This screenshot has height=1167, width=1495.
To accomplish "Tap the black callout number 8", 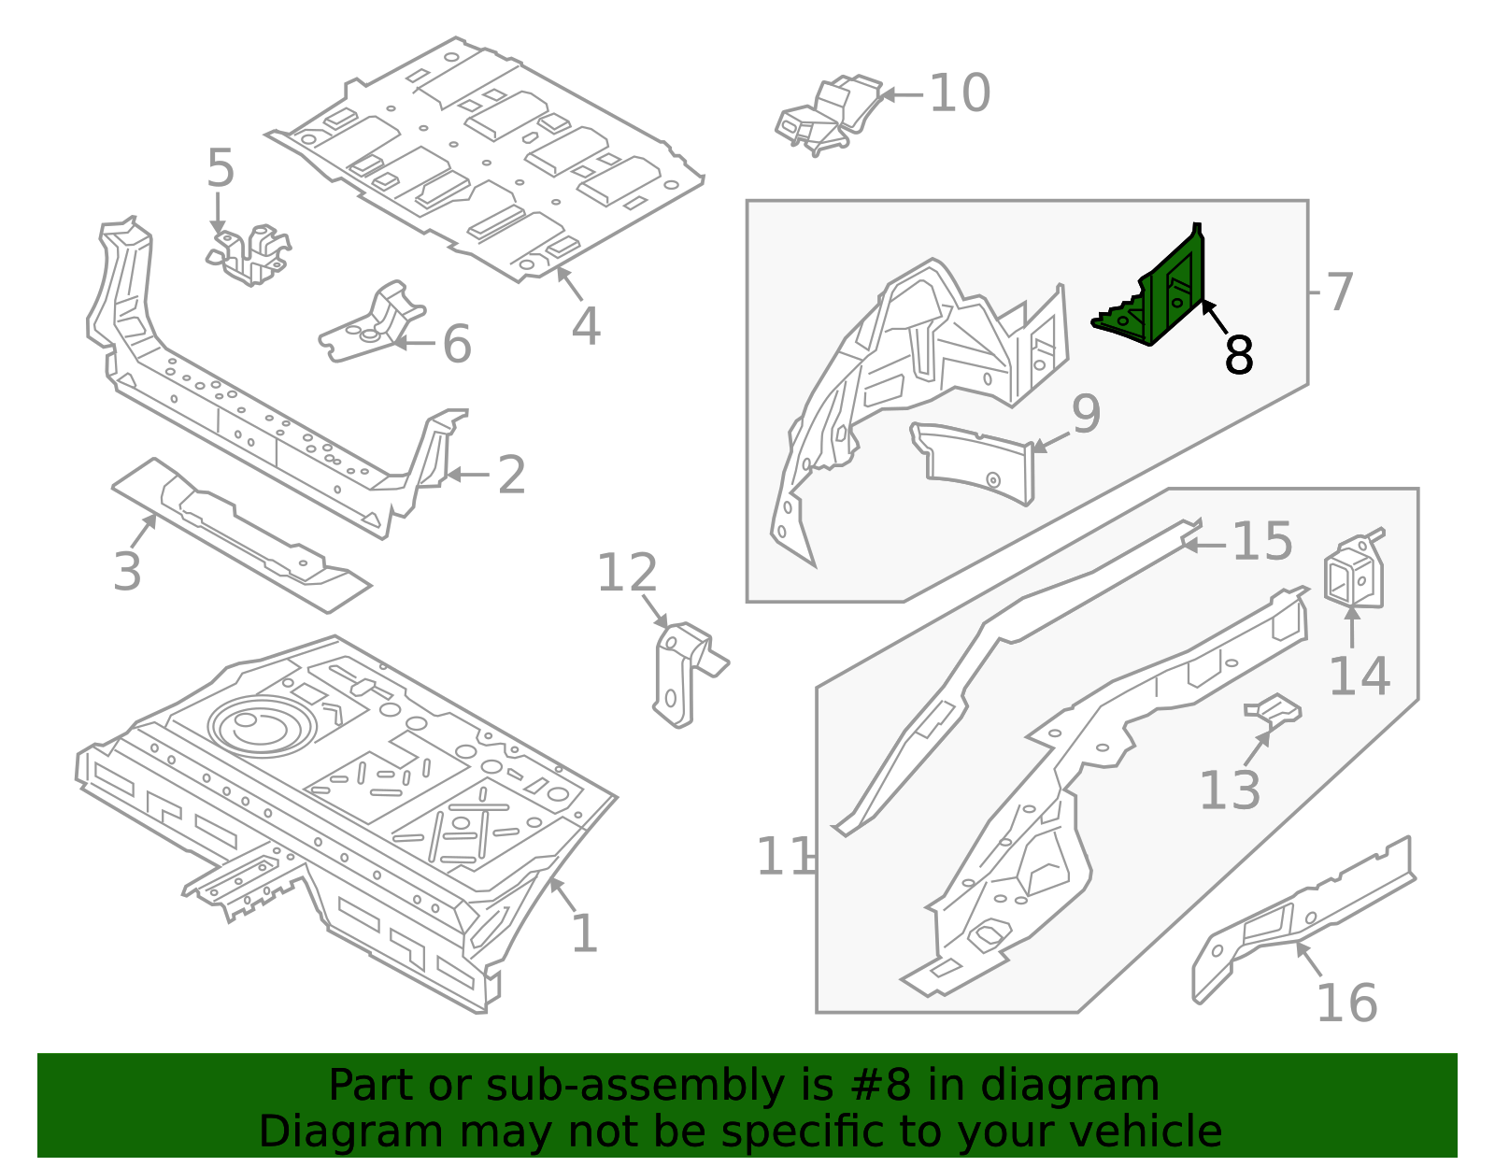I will (x=1239, y=355).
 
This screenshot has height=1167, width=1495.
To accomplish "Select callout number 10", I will (x=960, y=94).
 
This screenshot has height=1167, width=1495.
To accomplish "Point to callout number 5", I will (x=221, y=169).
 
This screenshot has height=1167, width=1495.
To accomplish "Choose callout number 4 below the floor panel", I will (x=586, y=326).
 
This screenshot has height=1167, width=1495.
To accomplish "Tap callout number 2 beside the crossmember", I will (x=511, y=476).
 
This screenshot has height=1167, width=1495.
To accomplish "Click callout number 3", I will (x=127, y=572).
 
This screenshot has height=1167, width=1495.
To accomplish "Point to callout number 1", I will (x=584, y=933).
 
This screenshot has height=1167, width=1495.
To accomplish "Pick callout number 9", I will (x=1086, y=414).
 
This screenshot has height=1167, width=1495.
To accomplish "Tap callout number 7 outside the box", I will (x=1339, y=292).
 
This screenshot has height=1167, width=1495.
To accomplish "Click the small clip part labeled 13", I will (x=1273, y=711).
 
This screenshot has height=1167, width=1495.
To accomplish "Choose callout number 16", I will (x=1346, y=1003).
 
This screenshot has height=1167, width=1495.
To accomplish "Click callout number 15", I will (x=1262, y=542).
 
